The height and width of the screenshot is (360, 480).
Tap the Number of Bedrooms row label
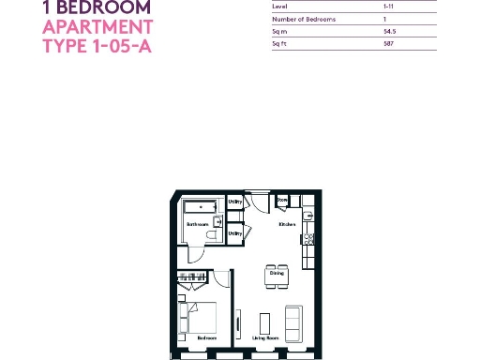click(x=303, y=19)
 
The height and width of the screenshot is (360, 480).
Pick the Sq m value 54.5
click(x=363, y=31)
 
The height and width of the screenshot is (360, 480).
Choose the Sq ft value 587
click(x=362, y=43)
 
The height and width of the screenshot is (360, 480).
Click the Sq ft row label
click(x=278, y=43)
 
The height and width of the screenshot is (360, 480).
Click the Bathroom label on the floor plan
click(x=197, y=225)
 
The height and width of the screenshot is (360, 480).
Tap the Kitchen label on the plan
click(x=287, y=225)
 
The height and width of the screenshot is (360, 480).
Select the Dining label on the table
click(x=277, y=274)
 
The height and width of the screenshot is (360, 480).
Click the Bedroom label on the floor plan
click(x=206, y=337)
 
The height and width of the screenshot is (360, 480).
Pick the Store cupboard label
click(x=281, y=201)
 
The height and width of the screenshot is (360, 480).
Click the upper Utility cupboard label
click(x=235, y=202)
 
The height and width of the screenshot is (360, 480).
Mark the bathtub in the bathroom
click(x=199, y=206)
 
